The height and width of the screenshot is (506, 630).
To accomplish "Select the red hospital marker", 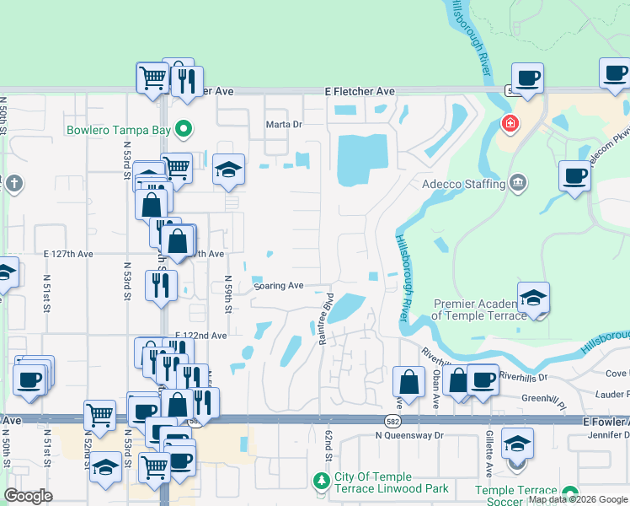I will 510,124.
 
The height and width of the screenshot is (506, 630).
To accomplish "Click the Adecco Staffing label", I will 462,182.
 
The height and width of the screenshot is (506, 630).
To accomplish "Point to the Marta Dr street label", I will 284,124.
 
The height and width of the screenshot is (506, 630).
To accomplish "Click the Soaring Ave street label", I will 278,286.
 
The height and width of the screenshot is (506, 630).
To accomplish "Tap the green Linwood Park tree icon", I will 320,482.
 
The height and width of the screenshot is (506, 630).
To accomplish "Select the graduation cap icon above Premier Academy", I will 533,298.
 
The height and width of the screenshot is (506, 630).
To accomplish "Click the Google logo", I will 28,496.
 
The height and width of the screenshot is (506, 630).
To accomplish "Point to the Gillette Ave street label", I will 489,456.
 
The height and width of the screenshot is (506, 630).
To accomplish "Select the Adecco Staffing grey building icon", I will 518,182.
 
